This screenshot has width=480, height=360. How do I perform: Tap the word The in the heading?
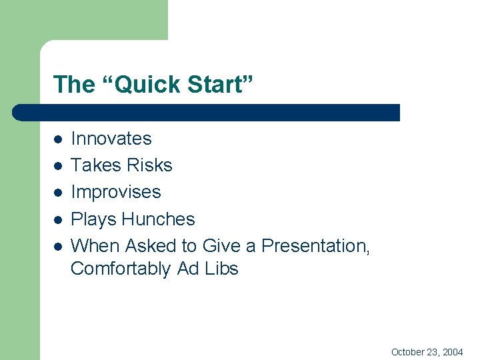74,85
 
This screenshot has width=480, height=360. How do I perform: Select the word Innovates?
111,139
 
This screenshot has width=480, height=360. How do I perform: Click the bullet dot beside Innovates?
58,139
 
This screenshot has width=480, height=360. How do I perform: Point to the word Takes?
94,165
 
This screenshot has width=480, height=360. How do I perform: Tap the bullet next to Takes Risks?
58,166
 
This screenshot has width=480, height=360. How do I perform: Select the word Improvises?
116,192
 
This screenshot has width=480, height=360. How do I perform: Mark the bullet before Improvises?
58,193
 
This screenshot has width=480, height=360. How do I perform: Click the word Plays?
93,219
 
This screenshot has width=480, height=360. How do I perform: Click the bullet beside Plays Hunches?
58,220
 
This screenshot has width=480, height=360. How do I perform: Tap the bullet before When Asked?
58,247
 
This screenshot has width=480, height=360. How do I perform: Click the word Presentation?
315,246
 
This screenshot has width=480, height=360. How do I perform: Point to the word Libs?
220,269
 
